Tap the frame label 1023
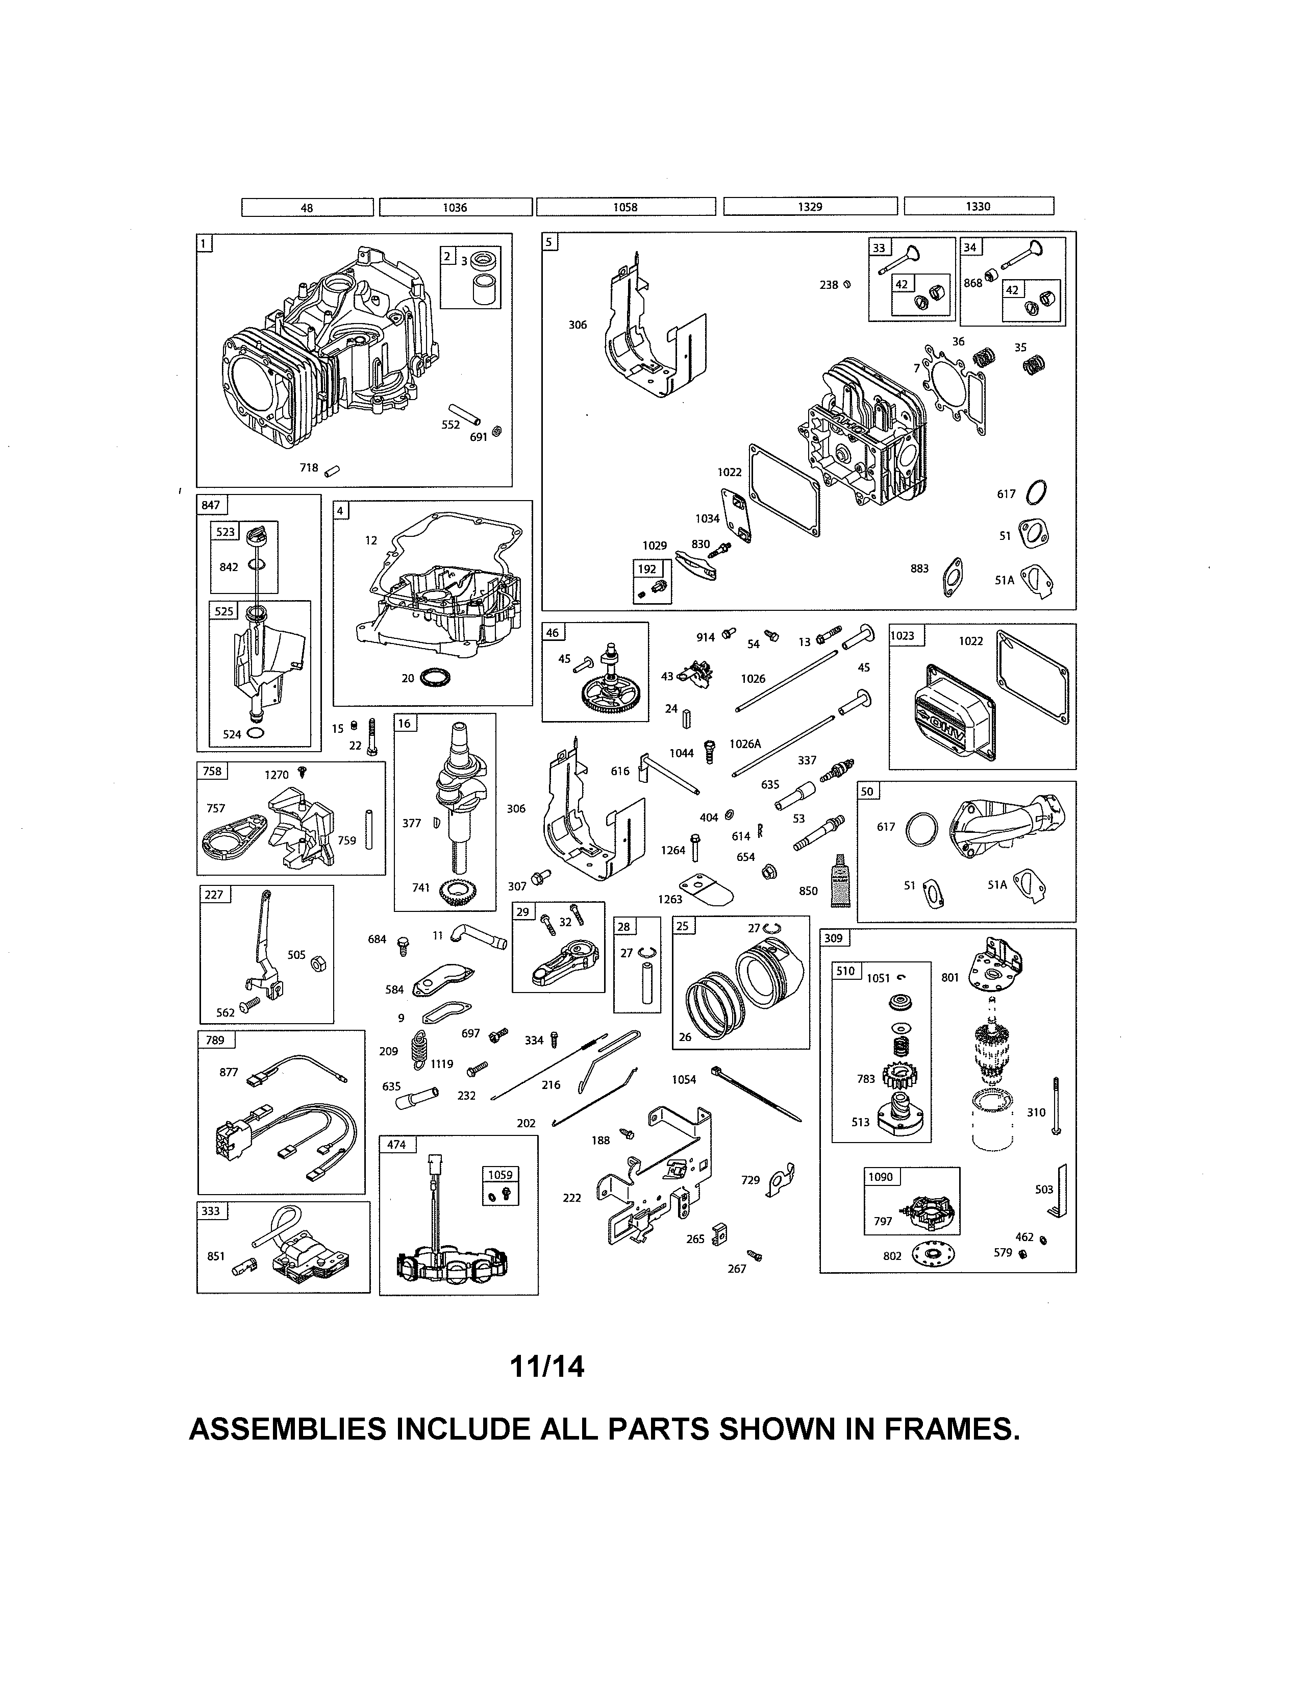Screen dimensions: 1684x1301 tap(903, 635)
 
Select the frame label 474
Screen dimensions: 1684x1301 tap(396, 1144)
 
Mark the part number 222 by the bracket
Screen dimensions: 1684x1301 tap(571, 1198)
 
